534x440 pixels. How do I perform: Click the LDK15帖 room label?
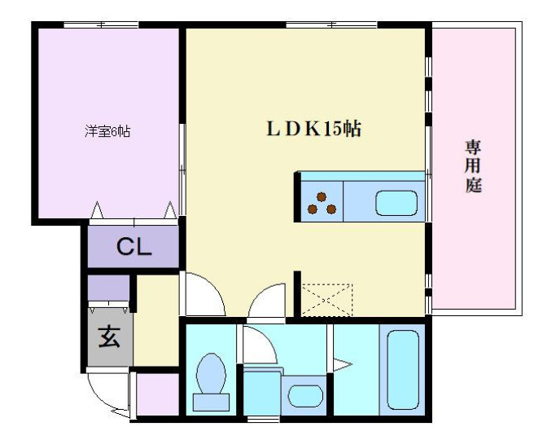pyautogui.click(x=313, y=129)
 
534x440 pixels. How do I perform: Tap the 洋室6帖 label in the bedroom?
pyautogui.click(x=107, y=131)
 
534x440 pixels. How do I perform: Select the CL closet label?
pyautogui.click(x=133, y=247)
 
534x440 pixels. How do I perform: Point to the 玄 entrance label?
pyautogui.click(x=109, y=337)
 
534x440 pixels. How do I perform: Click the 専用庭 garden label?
pyautogui.click(x=474, y=166)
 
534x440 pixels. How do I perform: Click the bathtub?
pyautogui.click(x=403, y=369)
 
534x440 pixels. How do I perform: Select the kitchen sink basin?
pyautogui.click(x=396, y=203)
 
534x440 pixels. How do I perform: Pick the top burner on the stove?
pyautogui.click(x=322, y=196)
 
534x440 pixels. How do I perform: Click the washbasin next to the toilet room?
pyautogui.click(x=305, y=396)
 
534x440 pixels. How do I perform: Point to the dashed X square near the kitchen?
pyautogui.click(x=327, y=300)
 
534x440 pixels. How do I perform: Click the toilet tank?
pyautogui.click(x=211, y=403)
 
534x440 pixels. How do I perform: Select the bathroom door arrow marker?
pyautogui.click(x=342, y=365)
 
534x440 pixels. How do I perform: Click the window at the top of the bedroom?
pyautogui.click(x=101, y=24)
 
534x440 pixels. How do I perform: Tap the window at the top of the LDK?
pyautogui.click(x=331, y=24)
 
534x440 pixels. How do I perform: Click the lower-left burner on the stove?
pyautogui.click(x=313, y=209)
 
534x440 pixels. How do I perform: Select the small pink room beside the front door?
pyautogui.click(x=158, y=394)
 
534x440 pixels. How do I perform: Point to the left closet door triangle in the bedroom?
pyautogui.click(x=97, y=210)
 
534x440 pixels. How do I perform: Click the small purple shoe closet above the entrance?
pyautogui.click(x=108, y=288)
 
